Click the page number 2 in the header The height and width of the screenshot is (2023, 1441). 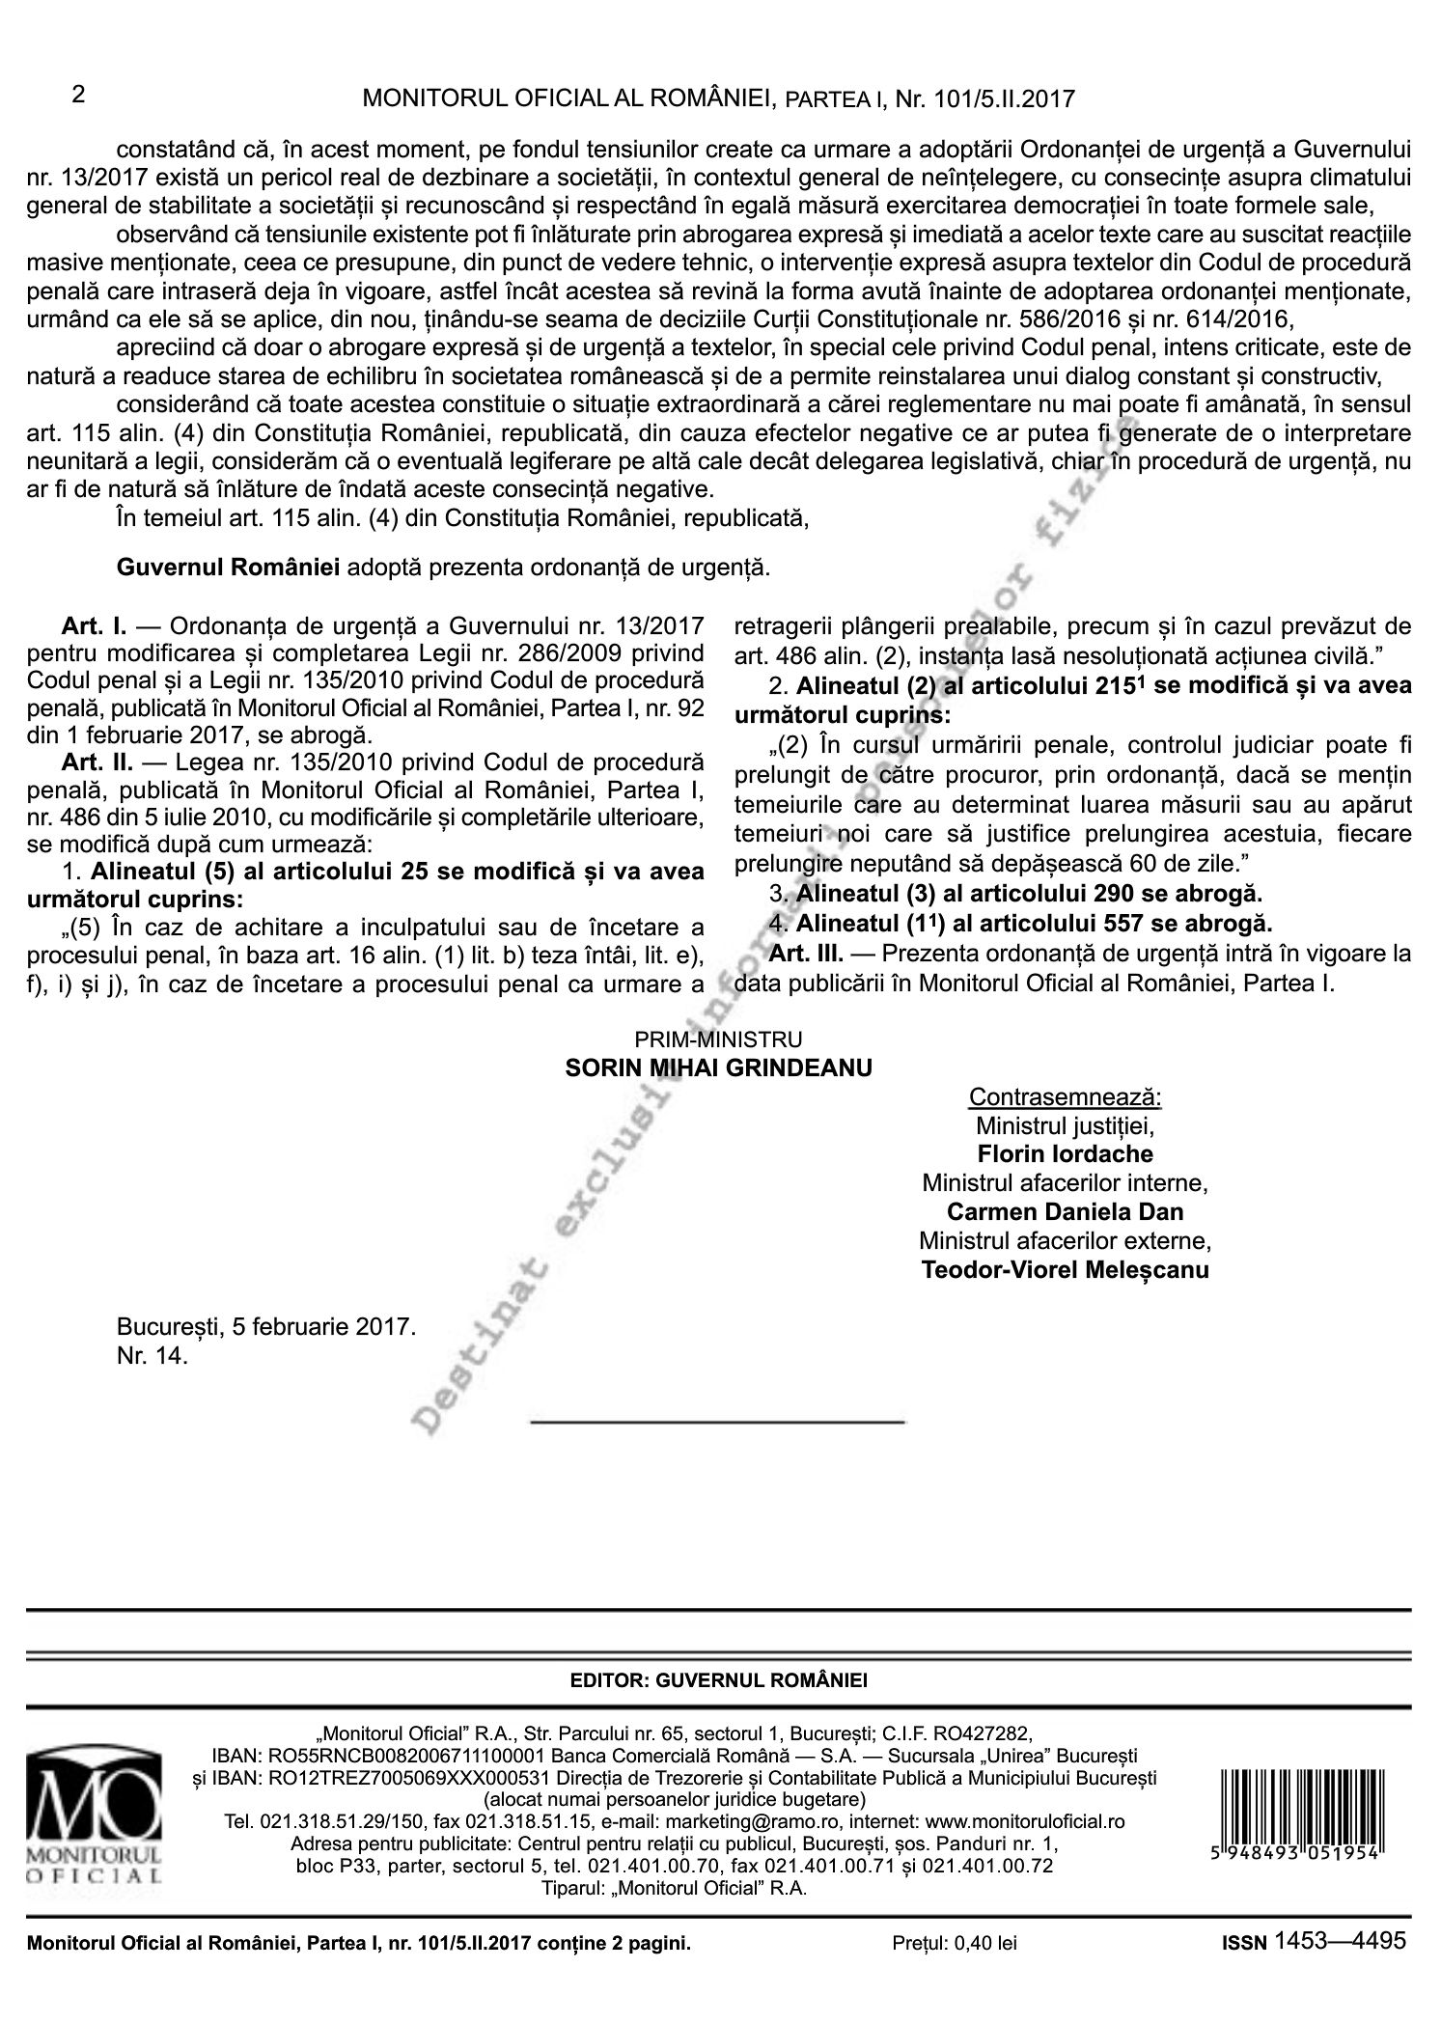[x=79, y=95]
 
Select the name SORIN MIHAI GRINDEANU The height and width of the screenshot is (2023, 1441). [x=719, y=1067]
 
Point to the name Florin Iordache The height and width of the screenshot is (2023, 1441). [x=1065, y=1153]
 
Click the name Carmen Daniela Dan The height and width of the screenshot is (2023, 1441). [x=1065, y=1211]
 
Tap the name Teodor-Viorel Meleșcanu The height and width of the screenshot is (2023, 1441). [x=1065, y=1269]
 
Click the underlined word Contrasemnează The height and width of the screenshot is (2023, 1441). [x=1065, y=1097]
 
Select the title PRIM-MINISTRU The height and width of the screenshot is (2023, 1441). [x=719, y=1039]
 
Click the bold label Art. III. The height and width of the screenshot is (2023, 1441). [x=807, y=955]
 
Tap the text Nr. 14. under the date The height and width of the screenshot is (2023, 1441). [x=152, y=1355]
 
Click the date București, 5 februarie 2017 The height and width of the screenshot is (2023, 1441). [x=266, y=1326]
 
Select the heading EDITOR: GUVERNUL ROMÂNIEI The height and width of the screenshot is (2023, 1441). [x=719, y=1680]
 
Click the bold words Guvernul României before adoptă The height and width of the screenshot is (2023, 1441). [x=228, y=567]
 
